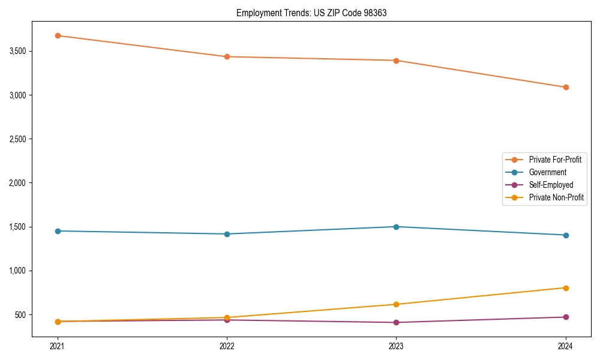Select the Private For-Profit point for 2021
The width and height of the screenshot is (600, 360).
pos(58,35)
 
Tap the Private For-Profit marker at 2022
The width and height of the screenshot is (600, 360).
pos(227,57)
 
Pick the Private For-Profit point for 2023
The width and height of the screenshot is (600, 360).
pos(396,61)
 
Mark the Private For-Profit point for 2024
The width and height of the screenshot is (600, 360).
pos(566,87)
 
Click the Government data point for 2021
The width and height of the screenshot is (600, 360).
pos(58,231)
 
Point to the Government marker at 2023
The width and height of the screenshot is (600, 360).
pos(396,227)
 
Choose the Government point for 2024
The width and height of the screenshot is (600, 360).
pos(566,235)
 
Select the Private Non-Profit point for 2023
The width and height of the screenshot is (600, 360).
pos(396,304)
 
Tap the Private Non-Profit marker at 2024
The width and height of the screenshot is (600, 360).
pos(566,288)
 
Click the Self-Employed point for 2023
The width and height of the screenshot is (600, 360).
pos(396,322)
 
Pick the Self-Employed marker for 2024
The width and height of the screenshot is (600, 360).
pos(566,317)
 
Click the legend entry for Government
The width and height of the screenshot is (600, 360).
pos(547,172)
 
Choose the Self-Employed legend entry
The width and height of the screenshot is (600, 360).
pos(551,185)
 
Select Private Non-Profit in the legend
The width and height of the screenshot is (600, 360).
pos(556,197)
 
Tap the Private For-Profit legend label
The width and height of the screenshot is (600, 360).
pos(555,160)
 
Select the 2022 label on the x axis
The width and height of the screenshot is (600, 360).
pos(227,346)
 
